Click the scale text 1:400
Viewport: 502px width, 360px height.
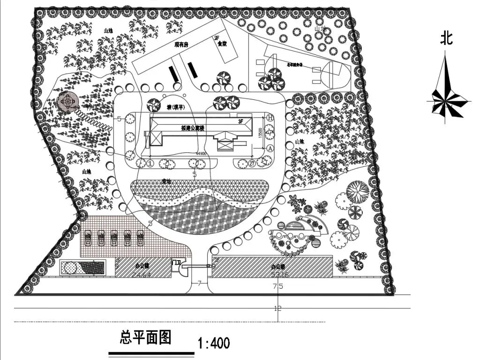click(x=214, y=344)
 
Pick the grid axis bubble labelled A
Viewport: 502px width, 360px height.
click(x=270, y=148)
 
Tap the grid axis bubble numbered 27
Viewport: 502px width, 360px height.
click(x=253, y=163)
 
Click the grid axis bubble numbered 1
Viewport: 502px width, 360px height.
click(x=150, y=163)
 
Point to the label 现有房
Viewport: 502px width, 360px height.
click(x=181, y=45)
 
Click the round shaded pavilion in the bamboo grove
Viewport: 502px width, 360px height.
click(x=68, y=101)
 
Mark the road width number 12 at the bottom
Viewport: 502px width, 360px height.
click(x=278, y=308)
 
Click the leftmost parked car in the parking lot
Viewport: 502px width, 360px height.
click(x=88, y=237)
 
